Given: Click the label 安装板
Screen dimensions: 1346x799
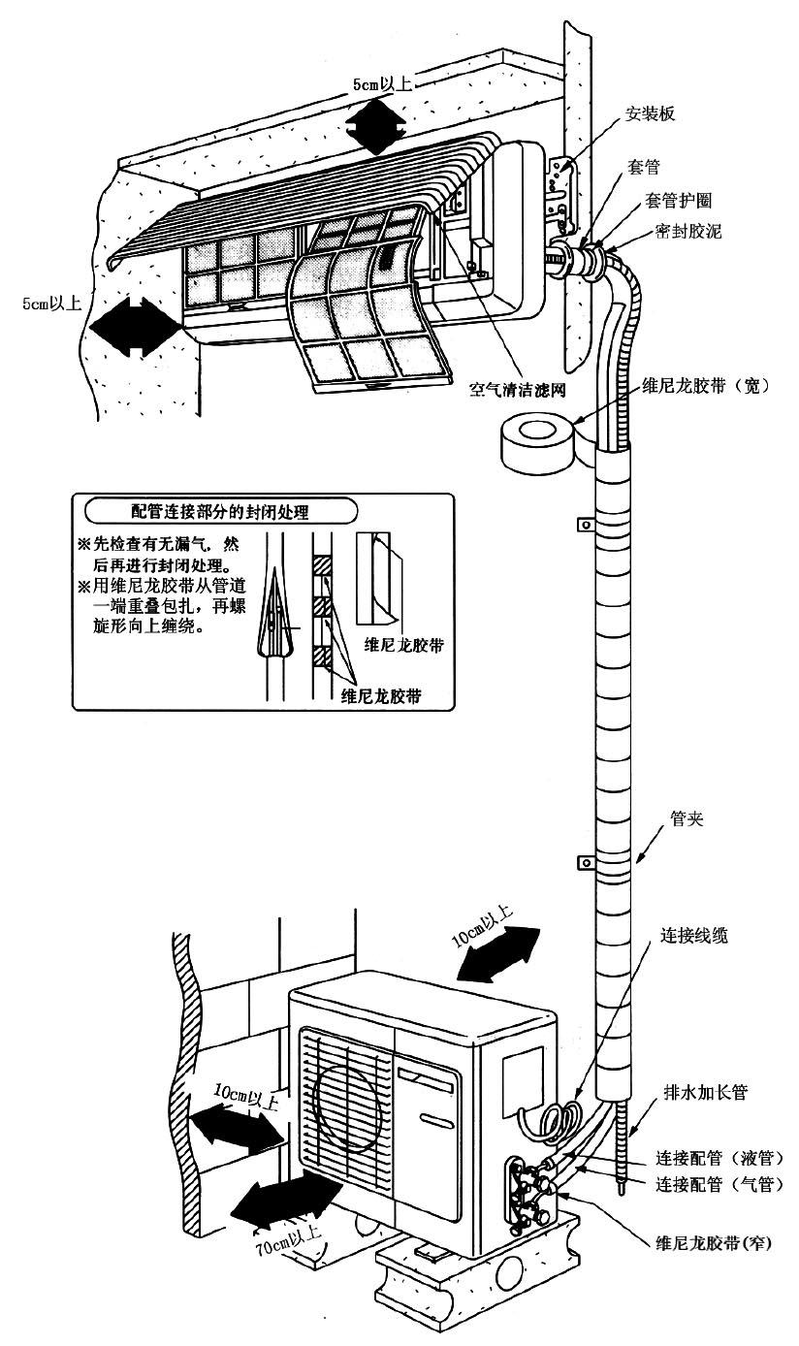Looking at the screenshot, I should pos(651,113).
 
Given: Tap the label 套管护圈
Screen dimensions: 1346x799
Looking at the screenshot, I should pos(679,200).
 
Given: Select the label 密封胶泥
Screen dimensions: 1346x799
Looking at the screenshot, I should pos(688,232).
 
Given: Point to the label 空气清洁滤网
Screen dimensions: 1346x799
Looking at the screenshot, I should pos(517,389).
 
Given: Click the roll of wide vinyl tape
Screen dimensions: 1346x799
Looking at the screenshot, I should pos(534,441).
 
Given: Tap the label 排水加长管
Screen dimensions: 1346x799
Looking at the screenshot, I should pos(705,1092).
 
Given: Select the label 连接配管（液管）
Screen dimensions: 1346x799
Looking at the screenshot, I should pos(719,1158).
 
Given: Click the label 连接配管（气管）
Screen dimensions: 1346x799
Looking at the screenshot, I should pos(719,1184).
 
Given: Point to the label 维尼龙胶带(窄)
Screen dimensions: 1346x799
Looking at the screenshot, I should pos(714,1242).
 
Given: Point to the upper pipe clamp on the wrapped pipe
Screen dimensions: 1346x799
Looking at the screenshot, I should pos(585,525).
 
